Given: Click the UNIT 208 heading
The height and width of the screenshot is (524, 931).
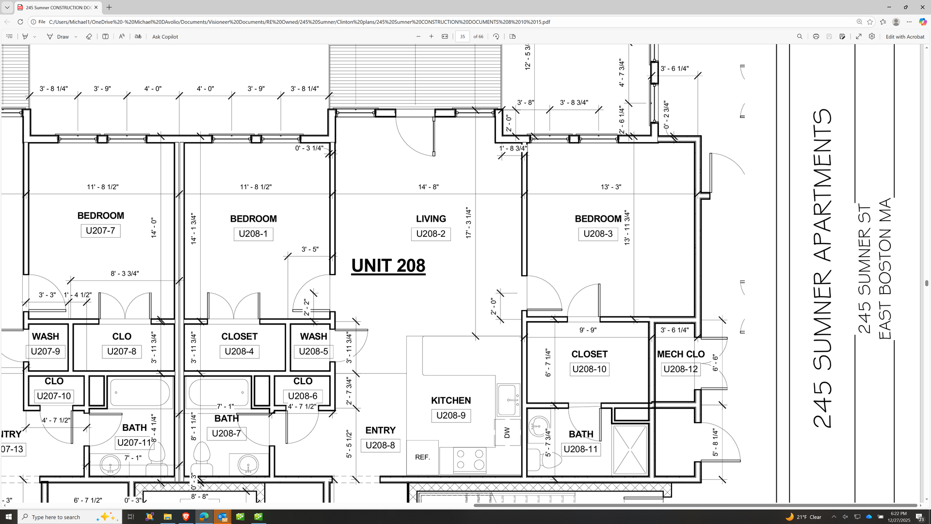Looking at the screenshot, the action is click(388, 265).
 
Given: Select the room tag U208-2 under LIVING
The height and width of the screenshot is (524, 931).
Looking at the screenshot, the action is click(431, 234).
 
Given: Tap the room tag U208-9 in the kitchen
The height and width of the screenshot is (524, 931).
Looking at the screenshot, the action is click(451, 416).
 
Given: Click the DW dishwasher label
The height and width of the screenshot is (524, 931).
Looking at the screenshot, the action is click(507, 432).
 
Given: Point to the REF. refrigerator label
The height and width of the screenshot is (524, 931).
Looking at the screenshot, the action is click(422, 457).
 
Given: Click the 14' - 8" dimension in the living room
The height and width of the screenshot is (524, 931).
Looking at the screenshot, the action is click(429, 187).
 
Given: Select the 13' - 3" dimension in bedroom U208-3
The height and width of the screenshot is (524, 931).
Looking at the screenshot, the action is click(611, 187).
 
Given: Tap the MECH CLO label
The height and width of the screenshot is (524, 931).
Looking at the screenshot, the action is click(681, 354).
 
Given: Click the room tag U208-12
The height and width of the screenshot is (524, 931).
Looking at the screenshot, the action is click(681, 369).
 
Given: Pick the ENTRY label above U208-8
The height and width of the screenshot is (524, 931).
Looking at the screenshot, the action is click(381, 430).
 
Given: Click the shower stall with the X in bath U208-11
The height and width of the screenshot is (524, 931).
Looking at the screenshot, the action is click(630, 450).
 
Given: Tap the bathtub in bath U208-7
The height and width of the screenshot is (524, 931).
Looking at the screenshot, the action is click(219, 392).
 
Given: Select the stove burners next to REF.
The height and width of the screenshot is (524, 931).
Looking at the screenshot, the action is click(470, 459).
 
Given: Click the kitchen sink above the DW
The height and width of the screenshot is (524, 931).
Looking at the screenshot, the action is click(508, 400).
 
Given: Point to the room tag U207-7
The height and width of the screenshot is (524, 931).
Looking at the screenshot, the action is click(100, 231).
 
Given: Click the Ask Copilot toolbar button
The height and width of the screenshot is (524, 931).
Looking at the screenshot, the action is click(165, 37).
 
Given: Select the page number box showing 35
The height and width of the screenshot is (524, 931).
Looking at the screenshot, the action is click(463, 37).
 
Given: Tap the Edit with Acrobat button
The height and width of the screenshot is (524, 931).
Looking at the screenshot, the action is click(905, 37).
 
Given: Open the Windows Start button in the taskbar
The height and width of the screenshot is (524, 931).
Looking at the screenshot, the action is click(9, 517).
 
